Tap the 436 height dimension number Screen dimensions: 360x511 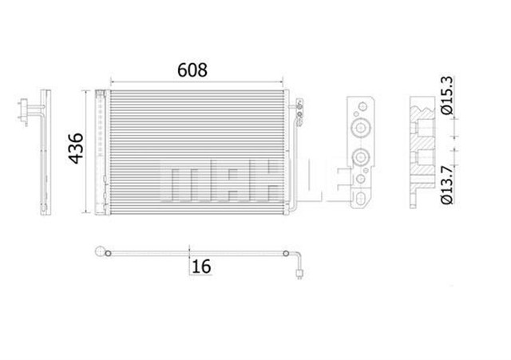pyautogui.click(x=73, y=148)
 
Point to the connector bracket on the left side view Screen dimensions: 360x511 pyautogui.click(x=30, y=112)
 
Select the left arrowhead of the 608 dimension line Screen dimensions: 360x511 pyautogui.click(x=111, y=81)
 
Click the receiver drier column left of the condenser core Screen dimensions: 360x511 pyautogui.click(x=101, y=152)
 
